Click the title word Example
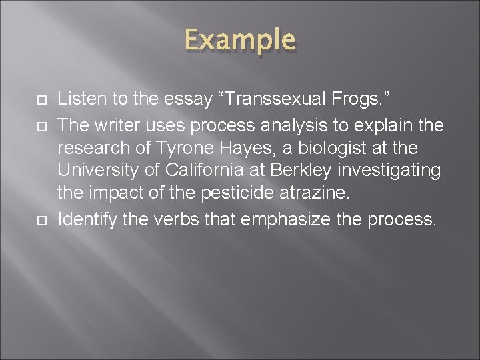click(239, 40)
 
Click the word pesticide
click(242, 193)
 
